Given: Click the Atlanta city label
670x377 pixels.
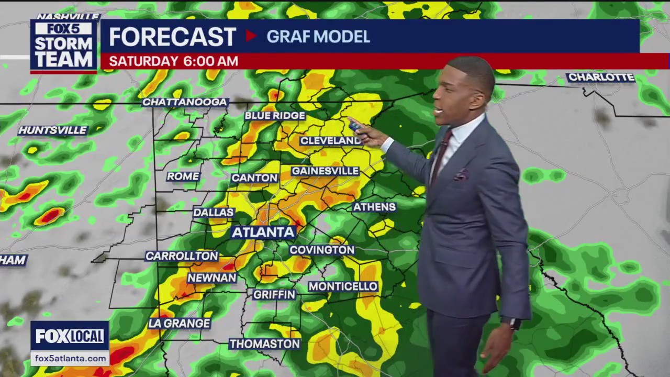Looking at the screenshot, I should point(264,232).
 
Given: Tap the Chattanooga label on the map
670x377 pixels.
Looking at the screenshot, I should point(185,102).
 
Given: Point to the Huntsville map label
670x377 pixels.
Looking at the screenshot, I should point(52,130).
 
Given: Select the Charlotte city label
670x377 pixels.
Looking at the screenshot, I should point(601,77).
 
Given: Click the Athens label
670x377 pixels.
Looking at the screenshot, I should point(374,207).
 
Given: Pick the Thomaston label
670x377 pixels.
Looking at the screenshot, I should point(265,344).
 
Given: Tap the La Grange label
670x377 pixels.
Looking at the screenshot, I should point(179,324).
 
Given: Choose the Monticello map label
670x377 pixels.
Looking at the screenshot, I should point(343,286).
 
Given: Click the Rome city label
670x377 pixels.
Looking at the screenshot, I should point(183,176).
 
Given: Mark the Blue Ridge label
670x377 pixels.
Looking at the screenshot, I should point(275,116).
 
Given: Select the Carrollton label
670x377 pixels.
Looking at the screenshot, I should point(182,256).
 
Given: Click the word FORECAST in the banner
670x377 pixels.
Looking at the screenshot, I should point(172,37).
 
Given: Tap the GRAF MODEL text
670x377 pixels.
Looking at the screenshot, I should point(318,37).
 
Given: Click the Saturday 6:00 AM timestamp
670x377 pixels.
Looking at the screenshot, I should point(173,61).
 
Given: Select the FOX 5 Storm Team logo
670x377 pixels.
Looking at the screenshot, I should point(63,46).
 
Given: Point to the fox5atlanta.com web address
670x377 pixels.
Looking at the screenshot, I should point(70,359).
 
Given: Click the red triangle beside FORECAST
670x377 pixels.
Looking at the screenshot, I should point(251,36).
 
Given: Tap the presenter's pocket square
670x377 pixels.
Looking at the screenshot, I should point(461,175).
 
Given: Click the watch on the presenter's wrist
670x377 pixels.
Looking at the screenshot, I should point(515,323).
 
